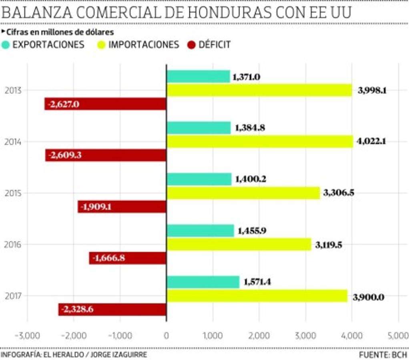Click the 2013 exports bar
[198, 76]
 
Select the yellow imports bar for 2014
[259, 141]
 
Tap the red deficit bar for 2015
[122, 207]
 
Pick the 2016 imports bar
[239, 244]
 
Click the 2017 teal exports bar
[202, 282]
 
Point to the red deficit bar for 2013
[105, 104]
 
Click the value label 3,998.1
[372, 90]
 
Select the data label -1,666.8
[108, 258]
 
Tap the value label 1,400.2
[251, 179]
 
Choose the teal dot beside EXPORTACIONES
[6, 45]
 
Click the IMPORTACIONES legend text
[143, 45]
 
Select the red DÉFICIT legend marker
[191, 45]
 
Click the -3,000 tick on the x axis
[27, 335]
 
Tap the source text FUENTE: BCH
[383, 355]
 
